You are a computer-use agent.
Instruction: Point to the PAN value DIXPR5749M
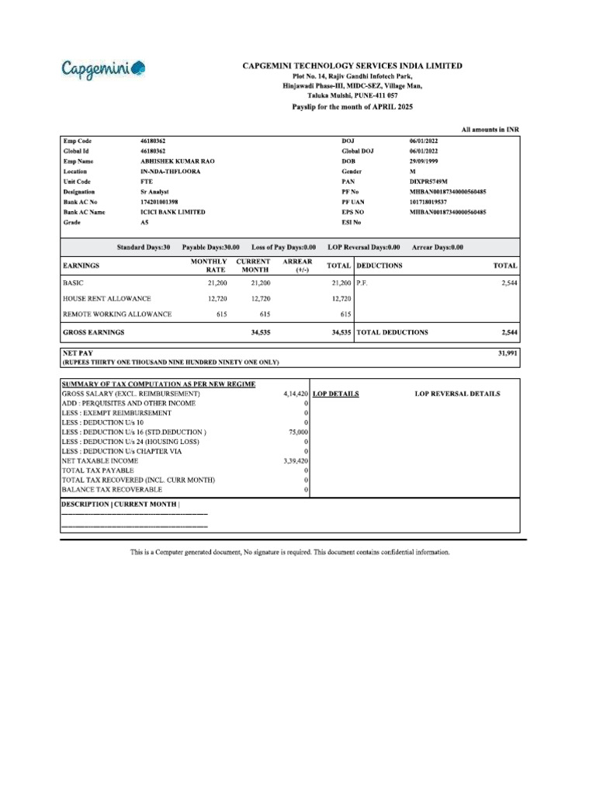(429, 181)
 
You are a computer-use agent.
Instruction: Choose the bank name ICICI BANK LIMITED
(172, 211)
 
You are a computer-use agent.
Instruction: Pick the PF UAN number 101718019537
(434, 201)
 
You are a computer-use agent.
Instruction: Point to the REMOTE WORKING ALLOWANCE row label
(116, 314)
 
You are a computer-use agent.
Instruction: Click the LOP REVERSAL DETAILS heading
(457, 394)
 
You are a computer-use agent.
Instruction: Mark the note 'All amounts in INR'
(489, 129)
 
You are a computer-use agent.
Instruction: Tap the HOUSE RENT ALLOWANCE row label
(106, 298)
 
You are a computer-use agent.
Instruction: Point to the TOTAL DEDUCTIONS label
(392, 332)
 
